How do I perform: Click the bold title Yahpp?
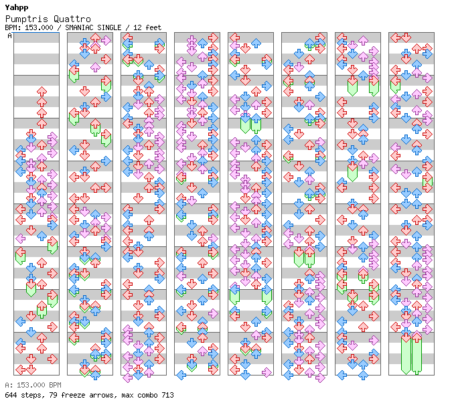pos(17,7)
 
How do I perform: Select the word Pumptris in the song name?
pos(27,19)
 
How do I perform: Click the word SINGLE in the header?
pos(109,27)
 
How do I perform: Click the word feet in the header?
pos(153,27)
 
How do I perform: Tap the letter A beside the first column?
pos(10,35)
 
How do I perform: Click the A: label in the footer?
pos(9,385)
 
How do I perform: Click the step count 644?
pos(11,395)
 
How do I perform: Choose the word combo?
pos(147,395)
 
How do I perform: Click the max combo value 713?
pos(167,395)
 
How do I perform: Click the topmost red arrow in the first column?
pos(42,92)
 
